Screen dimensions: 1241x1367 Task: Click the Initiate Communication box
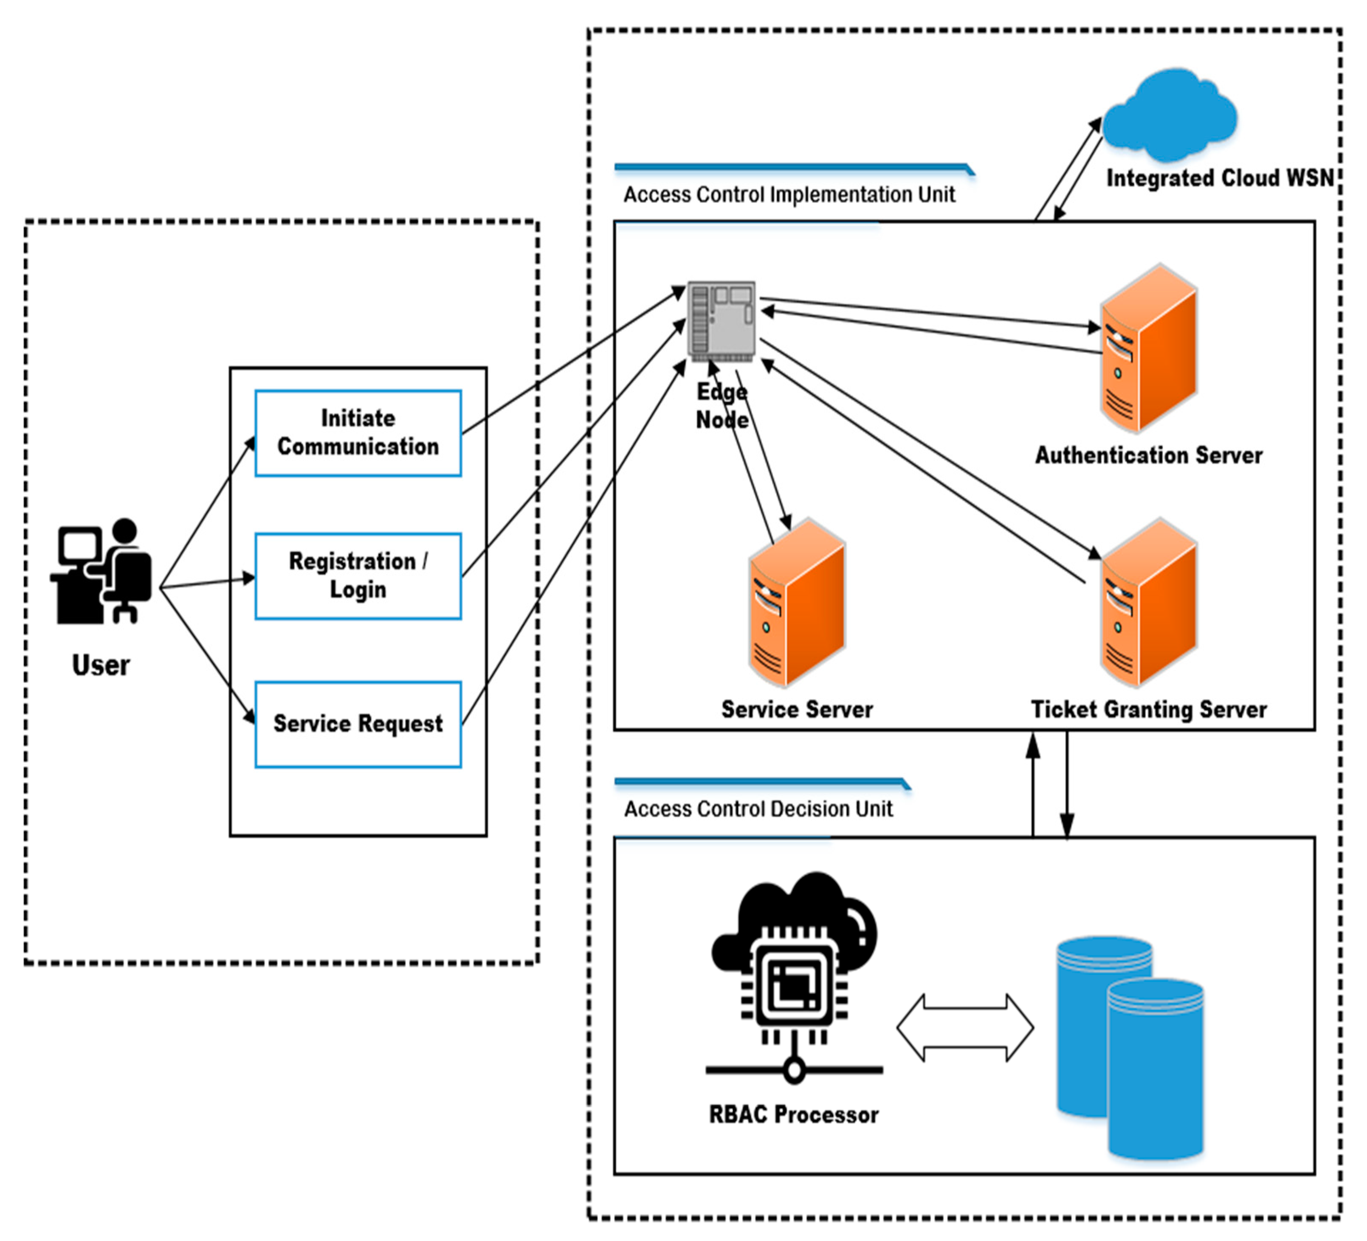pyautogui.click(x=358, y=433)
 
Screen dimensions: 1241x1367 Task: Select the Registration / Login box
pyautogui.click(x=358, y=576)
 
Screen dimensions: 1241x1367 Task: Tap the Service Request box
pyautogui.click(x=358, y=724)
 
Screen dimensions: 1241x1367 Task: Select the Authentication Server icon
pyautogui.click(x=1149, y=349)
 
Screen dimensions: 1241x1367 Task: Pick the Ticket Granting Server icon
pyautogui.click(x=1149, y=603)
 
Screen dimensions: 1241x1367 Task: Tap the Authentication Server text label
pyautogui.click(x=1149, y=455)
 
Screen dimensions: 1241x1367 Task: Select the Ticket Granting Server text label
pyautogui.click(x=1149, y=710)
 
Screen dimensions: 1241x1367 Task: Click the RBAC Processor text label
pyautogui.click(x=793, y=1115)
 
